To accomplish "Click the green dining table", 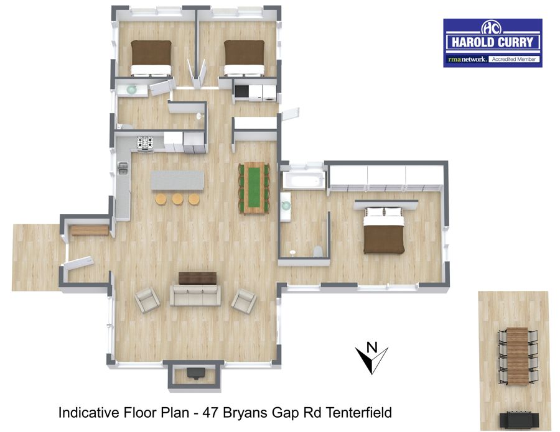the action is tap(254, 188).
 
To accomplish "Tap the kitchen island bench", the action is tap(177, 180).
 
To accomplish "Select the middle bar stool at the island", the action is tap(177, 199).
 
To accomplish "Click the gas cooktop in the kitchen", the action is tap(145, 142).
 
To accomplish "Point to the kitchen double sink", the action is tap(123, 168).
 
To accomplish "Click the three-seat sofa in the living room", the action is tap(195, 295).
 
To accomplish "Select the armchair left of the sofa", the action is tap(147, 300).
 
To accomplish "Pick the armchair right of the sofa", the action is tap(244, 300).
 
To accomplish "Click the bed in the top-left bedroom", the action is tap(151, 58).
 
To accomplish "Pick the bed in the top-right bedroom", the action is tap(245, 58).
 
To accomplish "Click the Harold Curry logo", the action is tap(493, 43).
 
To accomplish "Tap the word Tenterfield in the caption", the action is tap(358, 413).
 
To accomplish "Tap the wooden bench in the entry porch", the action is tap(89, 231).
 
